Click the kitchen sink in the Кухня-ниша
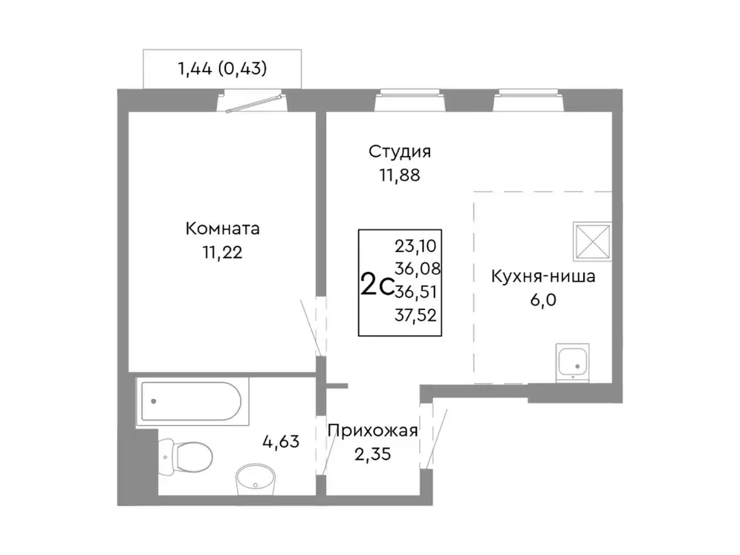(x=575, y=362)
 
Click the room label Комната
(x=223, y=229)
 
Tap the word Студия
(x=400, y=152)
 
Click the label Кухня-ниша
(x=543, y=277)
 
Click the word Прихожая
(x=372, y=431)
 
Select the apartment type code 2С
(x=377, y=285)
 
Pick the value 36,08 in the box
(x=418, y=269)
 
